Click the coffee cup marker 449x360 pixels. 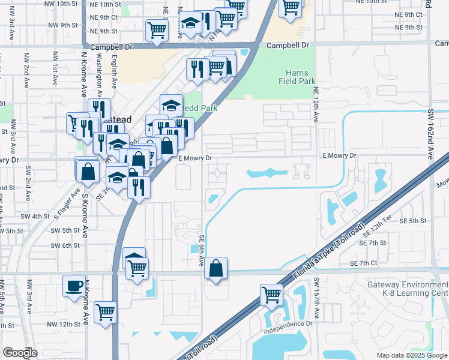pos(74,286)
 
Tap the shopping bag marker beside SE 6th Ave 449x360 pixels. pos(216,269)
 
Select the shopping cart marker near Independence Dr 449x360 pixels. pos(271,295)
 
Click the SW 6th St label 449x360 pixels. pos(65,245)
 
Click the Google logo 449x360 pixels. pos(20,353)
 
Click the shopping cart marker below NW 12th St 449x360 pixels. pos(106,312)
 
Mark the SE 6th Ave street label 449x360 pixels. pos(200,250)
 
